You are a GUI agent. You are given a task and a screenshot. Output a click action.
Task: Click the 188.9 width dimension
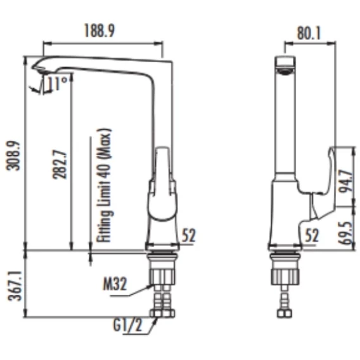click(x=99, y=30)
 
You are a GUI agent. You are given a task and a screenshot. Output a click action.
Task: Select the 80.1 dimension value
click(x=309, y=33)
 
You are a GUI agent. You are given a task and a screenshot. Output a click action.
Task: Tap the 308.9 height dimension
click(x=13, y=156)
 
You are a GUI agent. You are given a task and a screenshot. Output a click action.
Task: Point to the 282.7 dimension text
click(x=60, y=164)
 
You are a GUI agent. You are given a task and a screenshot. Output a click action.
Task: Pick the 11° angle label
click(x=58, y=83)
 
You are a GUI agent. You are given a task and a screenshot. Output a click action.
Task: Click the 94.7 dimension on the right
click(x=346, y=181)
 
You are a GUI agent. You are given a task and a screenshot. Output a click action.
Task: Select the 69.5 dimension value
click(x=346, y=233)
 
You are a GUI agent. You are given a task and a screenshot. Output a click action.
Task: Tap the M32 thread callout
click(x=115, y=284)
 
